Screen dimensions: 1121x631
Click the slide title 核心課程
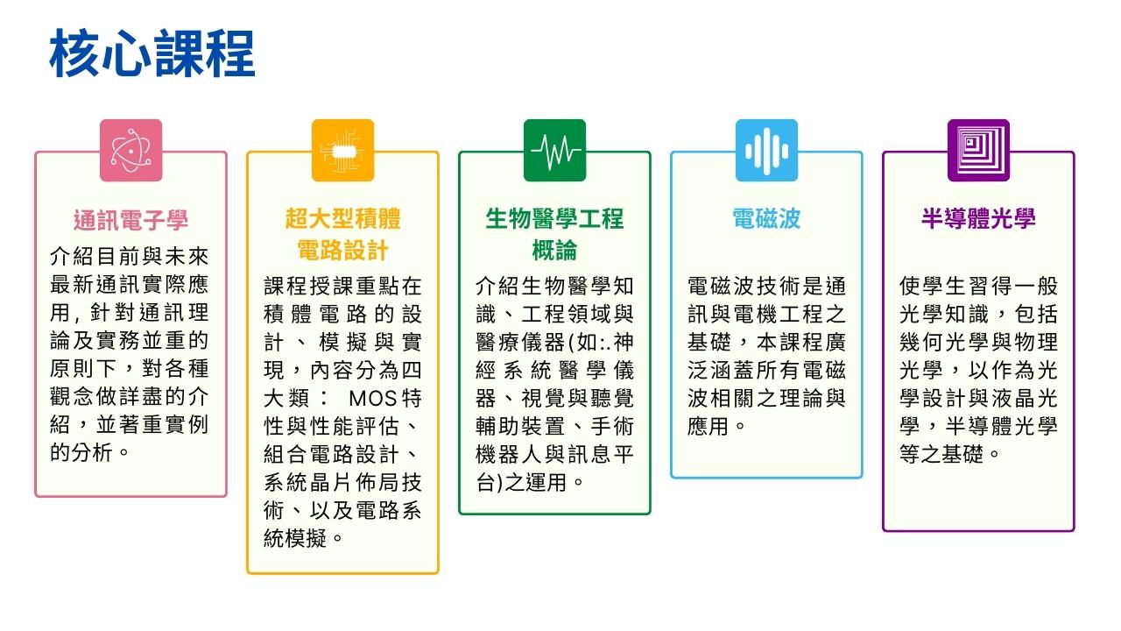pos(152,53)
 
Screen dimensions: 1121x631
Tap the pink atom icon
pos(131,150)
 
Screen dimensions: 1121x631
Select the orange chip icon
pos(342,150)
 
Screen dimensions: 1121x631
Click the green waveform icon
pos(554,150)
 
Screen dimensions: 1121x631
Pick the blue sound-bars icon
pos(766,150)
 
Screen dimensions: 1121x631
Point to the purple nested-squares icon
pos(978,150)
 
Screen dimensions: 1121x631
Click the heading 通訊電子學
pos(131,220)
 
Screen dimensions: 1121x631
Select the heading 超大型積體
pos(342,219)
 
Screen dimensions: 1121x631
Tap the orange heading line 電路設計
pos(342,250)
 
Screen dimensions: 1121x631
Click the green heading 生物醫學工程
pos(554,219)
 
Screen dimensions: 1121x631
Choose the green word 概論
pos(554,250)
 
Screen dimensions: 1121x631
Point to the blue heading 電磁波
pos(766,219)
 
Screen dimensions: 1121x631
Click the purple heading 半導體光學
pos(978,219)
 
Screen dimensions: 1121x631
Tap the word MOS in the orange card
pos(372,399)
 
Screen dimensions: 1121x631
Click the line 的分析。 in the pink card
pos(89,453)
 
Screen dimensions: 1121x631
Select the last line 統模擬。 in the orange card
pos(303,539)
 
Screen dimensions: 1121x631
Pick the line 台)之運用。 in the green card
pos(530,483)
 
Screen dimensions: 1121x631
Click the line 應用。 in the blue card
pos(716,427)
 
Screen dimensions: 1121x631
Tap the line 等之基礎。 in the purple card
pos(949,455)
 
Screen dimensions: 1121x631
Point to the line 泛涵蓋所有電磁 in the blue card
pos(766,371)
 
